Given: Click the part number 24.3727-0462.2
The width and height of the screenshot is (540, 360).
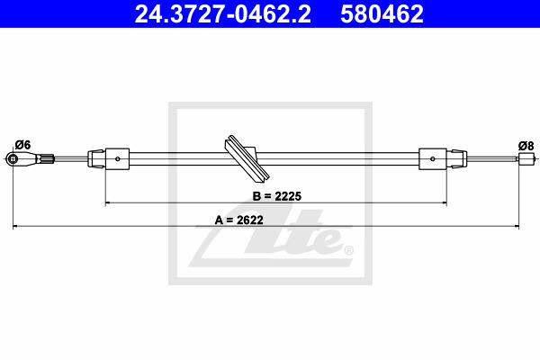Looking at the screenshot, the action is (x=222, y=13).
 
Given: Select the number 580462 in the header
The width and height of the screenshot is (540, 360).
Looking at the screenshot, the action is (x=382, y=13).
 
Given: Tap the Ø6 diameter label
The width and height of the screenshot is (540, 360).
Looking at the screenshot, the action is (x=22, y=145).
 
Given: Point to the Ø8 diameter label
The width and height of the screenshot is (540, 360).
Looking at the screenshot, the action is (x=526, y=146).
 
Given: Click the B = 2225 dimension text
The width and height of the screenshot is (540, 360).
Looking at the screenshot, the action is (x=277, y=196).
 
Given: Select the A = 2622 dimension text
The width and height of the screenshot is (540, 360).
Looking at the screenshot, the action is (x=239, y=220).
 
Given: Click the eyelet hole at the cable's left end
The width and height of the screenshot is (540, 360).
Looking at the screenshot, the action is (x=13, y=158).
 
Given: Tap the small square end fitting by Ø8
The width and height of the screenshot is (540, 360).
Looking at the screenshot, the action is (x=526, y=158).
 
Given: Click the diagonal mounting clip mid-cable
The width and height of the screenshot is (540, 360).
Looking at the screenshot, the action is (x=247, y=157).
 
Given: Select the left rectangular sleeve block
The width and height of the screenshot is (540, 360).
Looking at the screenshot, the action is (x=117, y=158).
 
